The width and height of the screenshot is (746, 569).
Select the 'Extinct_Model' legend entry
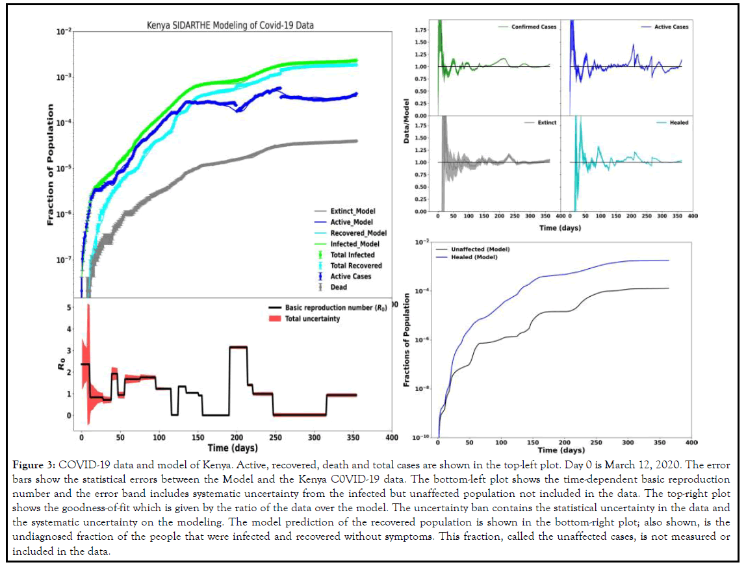tap(353, 211)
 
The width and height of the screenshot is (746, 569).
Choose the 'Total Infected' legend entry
tap(352, 255)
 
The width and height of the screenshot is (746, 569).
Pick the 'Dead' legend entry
tap(339, 286)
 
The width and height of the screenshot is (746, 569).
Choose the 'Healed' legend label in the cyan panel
tap(678, 123)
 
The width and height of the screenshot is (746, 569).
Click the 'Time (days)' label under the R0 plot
tap(232, 448)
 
